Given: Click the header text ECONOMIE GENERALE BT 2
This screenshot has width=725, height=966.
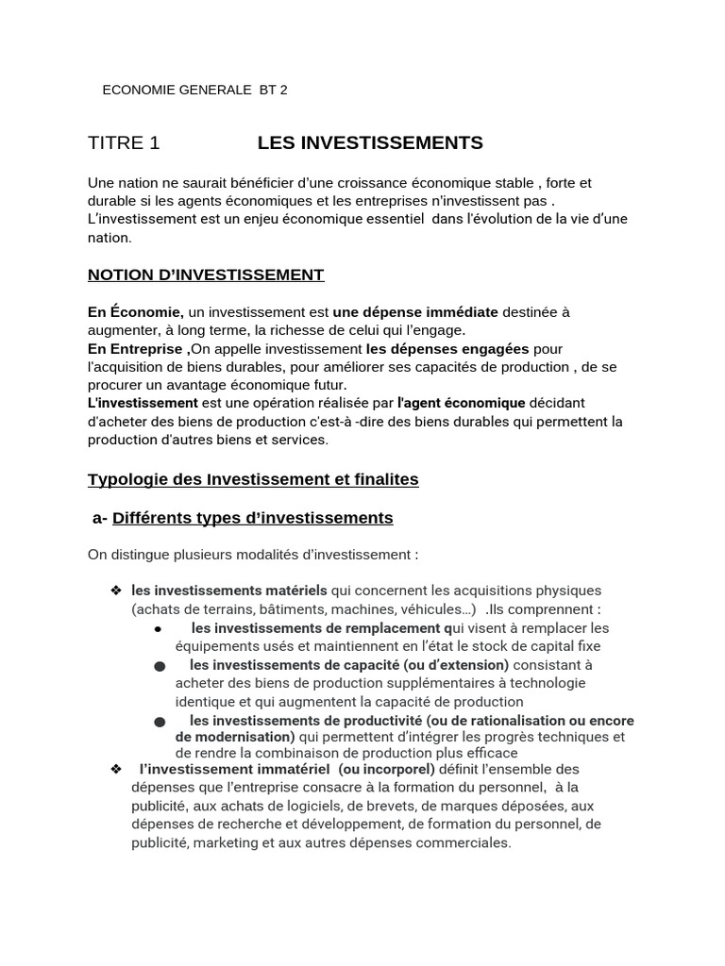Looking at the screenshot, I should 194,91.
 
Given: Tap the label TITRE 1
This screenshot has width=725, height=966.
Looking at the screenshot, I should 124,143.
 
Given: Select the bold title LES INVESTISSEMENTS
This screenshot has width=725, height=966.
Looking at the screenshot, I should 370,143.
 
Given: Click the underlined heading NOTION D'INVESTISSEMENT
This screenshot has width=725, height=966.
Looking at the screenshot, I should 206,275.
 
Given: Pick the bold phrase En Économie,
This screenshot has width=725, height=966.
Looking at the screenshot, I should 136,311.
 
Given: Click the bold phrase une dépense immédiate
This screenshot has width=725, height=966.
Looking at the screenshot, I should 402,311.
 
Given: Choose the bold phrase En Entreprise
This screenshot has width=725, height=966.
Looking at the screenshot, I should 138,348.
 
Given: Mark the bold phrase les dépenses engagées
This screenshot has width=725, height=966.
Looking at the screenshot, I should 447,348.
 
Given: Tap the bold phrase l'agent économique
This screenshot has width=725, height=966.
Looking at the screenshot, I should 461,403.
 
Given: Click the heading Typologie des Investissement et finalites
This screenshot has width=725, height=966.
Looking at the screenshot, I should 253,479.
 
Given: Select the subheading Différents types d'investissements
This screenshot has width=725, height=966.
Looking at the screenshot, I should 252,518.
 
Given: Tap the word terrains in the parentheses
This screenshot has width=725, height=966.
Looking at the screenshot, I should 205,609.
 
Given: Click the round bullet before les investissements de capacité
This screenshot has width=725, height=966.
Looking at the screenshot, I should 159,666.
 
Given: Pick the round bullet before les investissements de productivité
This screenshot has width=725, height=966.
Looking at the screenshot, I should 159,722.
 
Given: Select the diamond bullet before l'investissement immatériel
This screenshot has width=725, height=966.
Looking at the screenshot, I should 116,769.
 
